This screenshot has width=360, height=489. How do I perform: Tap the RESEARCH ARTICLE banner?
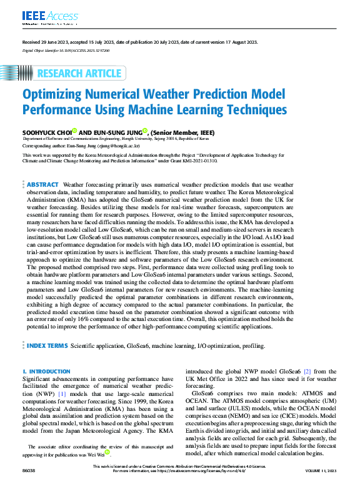click(78, 73)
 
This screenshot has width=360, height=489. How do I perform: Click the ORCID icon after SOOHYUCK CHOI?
click(74, 131)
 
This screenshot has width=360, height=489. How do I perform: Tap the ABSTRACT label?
click(42, 185)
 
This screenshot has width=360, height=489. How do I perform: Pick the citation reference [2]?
click(307, 372)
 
